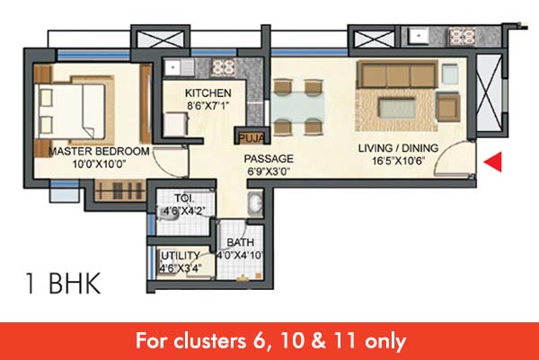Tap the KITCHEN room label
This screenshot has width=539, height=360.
[x=208, y=93]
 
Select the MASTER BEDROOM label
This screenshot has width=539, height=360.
[x=99, y=152]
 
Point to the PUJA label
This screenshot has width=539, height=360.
[x=252, y=138]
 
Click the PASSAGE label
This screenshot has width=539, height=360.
[x=269, y=159]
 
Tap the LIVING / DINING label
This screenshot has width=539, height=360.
[x=398, y=148]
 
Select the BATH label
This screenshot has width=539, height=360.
[x=241, y=242]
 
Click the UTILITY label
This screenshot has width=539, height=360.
[x=181, y=256]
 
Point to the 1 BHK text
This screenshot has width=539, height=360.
[x=63, y=284]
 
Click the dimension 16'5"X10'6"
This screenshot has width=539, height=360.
[x=399, y=161]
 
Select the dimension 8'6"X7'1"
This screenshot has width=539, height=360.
[x=208, y=105]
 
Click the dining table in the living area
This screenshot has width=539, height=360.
[x=299, y=105]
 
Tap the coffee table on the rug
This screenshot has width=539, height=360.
[x=397, y=108]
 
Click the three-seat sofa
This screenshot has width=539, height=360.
[x=397, y=74]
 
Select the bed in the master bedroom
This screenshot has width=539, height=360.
[x=74, y=110]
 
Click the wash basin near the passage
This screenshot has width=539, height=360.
[x=255, y=204]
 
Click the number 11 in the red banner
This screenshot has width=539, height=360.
[x=346, y=341]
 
